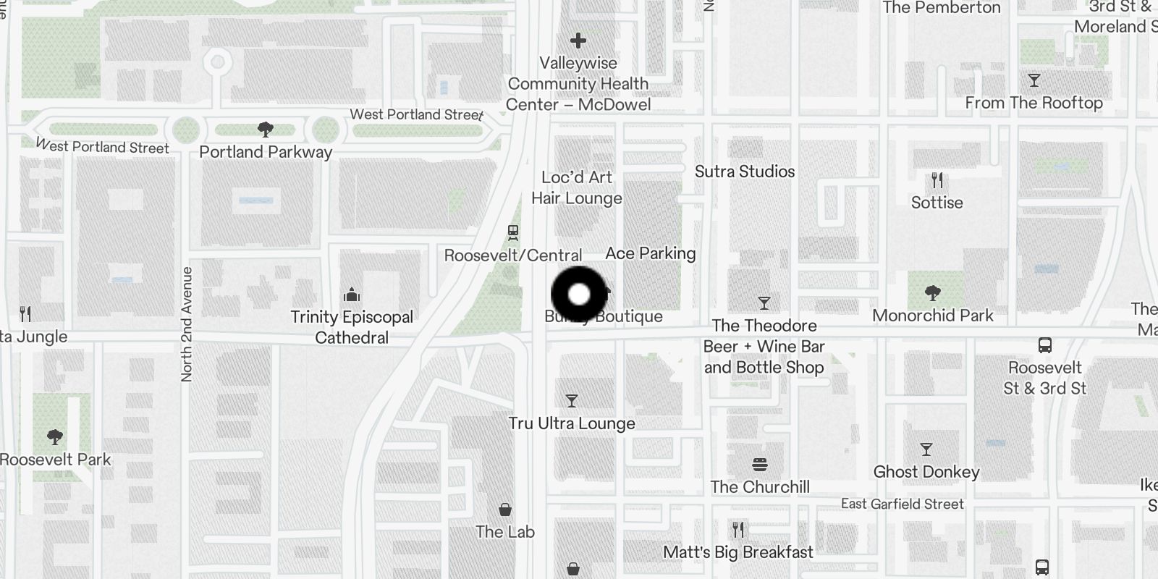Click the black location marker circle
point(579,295)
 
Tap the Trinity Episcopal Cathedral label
point(352,327)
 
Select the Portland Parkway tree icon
point(266,130)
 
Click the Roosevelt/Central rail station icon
point(513,233)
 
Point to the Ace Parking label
point(650,253)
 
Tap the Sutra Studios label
point(744,172)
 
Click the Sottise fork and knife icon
point(937,180)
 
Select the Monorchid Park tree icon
point(933,293)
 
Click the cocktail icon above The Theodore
point(764,303)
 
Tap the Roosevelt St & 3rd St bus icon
point(1045,345)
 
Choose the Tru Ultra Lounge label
point(572,423)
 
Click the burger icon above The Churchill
point(759,465)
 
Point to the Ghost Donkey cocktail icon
point(926,450)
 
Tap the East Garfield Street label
point(902,504)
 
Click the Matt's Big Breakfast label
point(738,552)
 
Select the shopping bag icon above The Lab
point(505,510)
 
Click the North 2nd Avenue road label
point(187,324)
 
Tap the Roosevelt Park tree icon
point(54,437)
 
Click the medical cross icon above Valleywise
point(578,41)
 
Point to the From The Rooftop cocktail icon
point(1034,80)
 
